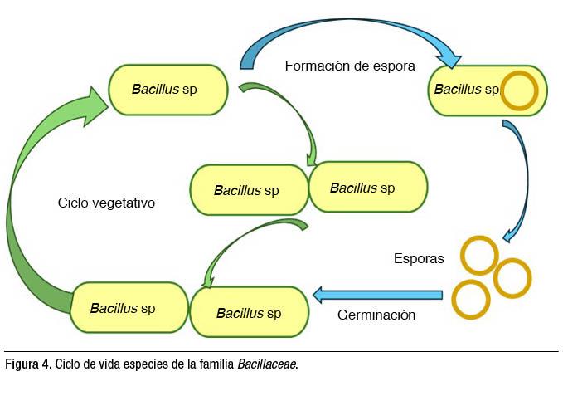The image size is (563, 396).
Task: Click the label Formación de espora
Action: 349,66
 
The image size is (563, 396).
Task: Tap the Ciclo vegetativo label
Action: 106,203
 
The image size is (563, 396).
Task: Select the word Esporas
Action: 419,258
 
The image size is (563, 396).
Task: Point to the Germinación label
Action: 376,315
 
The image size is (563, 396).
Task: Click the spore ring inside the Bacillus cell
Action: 520,90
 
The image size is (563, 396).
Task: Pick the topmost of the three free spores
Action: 479,256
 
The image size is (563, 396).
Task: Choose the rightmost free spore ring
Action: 512,278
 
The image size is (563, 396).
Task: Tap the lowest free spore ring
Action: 471,300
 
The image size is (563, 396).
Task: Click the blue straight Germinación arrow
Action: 377,294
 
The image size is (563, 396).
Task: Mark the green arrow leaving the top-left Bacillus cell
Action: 290,112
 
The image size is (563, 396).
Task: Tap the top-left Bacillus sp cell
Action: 168,90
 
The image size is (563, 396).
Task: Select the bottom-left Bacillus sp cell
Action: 124,308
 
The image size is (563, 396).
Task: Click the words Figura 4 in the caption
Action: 27,364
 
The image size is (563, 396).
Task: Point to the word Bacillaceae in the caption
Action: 266,364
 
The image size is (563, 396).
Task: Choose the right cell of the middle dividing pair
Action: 367,187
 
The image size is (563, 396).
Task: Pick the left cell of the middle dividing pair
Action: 248,190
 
